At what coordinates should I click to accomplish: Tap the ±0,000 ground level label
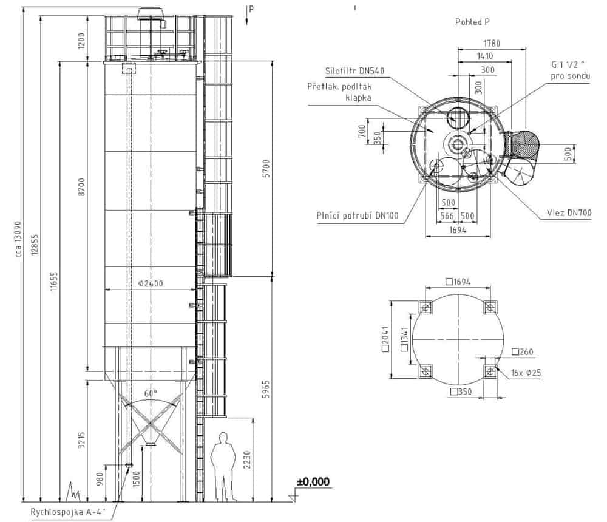coord(313,482)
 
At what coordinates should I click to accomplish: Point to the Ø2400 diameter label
coord(149,283)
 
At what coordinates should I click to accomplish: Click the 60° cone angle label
coord(150,393)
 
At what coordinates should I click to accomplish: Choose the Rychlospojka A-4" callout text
coord(69,511)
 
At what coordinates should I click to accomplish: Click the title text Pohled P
coord(472,22)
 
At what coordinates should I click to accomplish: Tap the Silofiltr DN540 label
coord(354,71)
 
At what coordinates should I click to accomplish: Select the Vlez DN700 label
coord(568,212)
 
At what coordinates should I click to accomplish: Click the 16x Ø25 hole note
coord(525,373)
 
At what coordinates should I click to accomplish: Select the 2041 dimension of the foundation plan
coord(385,342)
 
